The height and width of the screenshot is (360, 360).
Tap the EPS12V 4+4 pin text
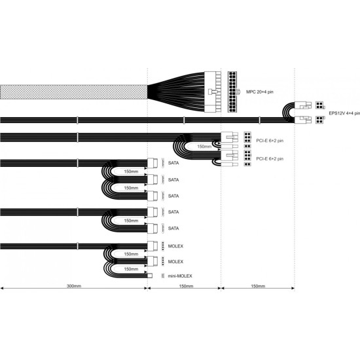[344, 113]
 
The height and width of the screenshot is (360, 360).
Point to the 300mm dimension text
[73, 287]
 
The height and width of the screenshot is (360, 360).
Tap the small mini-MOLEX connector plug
[150, 276]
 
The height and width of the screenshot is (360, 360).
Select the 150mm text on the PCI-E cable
[204, 147]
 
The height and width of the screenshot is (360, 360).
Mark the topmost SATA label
[173, 164]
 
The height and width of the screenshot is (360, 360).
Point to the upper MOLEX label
[175, 246]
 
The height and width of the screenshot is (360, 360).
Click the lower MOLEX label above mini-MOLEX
[175, 261]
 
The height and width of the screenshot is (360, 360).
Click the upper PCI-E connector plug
[230, 137]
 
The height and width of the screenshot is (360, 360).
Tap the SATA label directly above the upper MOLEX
[173, 228]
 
